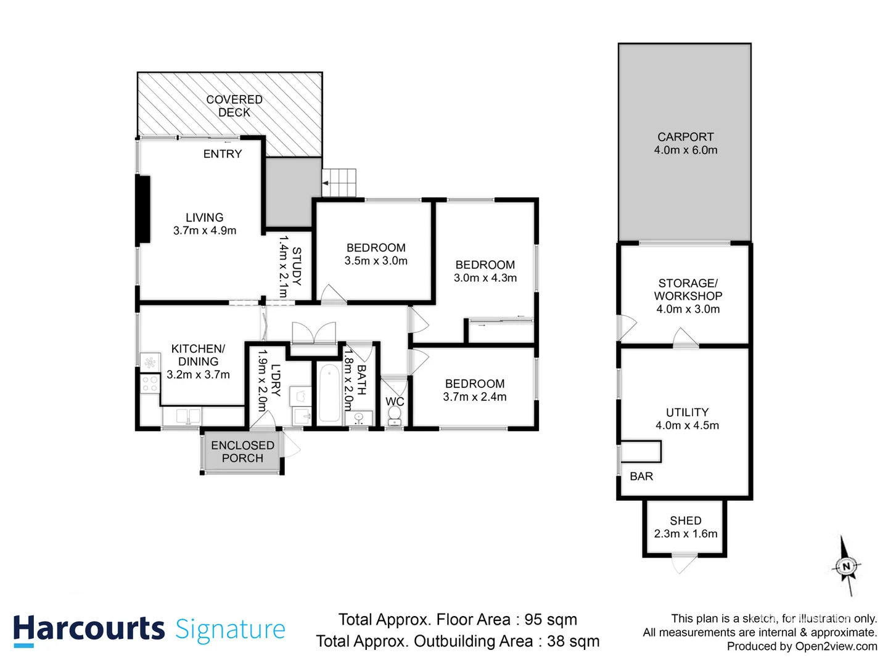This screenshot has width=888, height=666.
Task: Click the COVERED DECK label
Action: coord(234,106)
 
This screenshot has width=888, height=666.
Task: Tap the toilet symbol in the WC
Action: coord(394,416)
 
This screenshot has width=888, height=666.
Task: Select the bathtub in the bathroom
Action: coord(329,393)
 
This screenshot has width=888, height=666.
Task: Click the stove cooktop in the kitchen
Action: coord(150,384)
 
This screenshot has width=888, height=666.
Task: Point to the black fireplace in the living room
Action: coord(143,209)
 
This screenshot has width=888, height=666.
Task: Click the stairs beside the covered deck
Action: coord(340,183)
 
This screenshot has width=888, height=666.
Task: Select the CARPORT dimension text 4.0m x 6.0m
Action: coord(686,150)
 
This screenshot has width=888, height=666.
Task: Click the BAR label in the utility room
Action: coord(641,476)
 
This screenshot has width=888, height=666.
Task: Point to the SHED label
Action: coord(686,520)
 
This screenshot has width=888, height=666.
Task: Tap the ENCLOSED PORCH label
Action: coord(242,451)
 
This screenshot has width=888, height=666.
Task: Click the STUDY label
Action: coord(297,266)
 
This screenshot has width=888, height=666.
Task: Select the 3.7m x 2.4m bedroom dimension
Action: coord(475,397)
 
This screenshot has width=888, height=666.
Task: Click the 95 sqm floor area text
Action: coord(551,619)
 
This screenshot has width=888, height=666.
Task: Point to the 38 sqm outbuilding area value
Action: coord(573,641)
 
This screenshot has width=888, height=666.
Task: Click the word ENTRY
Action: coord(223,154)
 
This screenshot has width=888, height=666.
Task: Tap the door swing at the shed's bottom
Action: coord(684,564)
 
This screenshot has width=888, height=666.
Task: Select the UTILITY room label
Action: coord(687,412)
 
